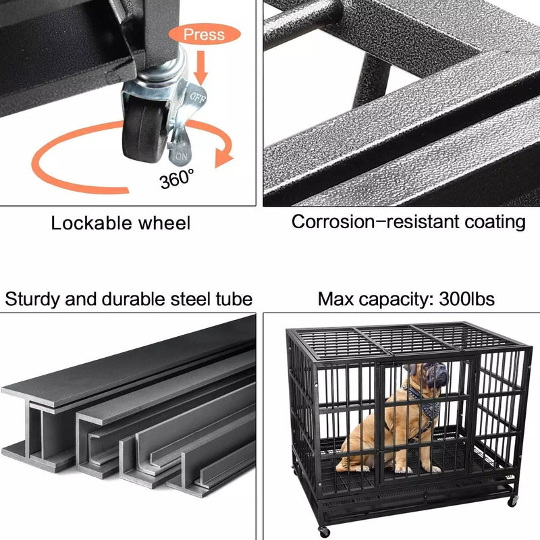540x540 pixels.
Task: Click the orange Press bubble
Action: [x=204, y=34]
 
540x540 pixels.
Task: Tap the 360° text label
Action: [x=177, y=180]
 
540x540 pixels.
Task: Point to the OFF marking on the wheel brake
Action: [x=197, y=97]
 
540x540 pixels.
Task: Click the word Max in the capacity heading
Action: [x=337, y=299]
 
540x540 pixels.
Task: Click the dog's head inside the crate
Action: [x=427, y=375]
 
